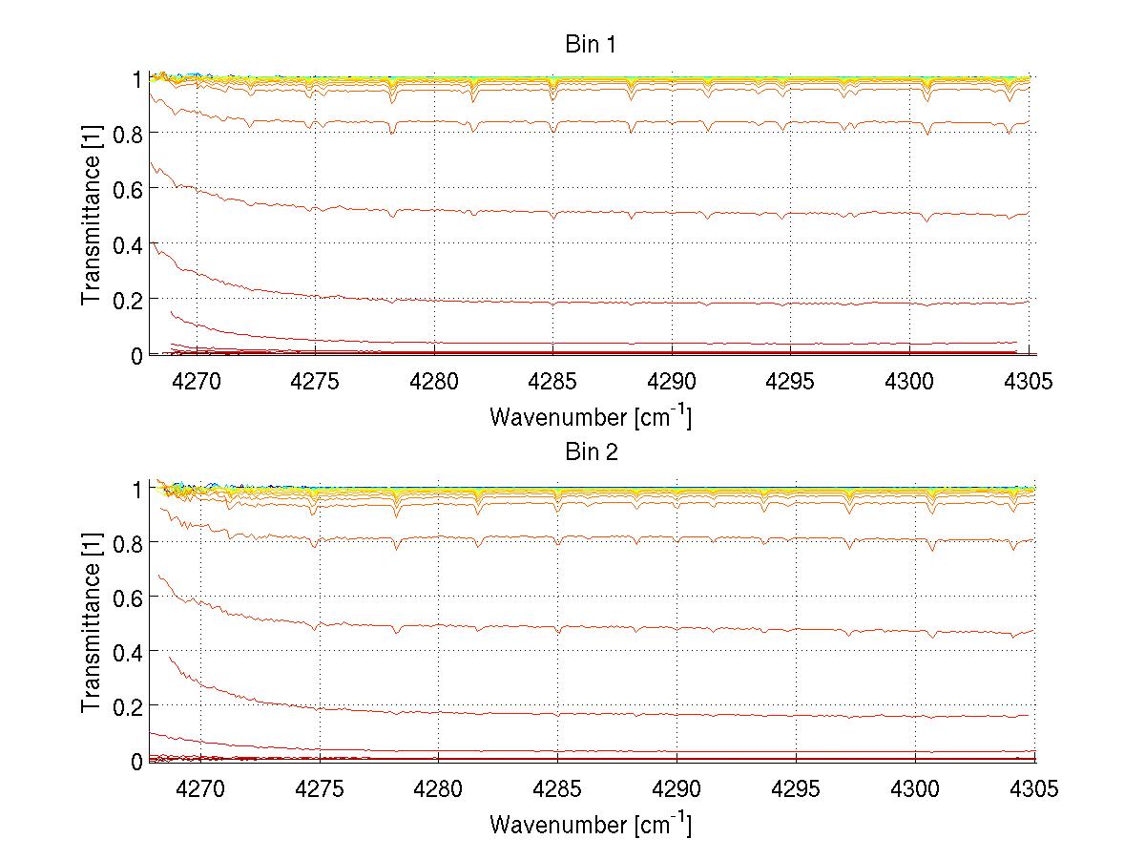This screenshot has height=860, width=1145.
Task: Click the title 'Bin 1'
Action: pos(592,45)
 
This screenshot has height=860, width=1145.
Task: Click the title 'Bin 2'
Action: pos(592,451)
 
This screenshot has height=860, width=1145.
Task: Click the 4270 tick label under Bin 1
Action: pos(196,382)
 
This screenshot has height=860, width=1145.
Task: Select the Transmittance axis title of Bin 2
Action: pos(92,623)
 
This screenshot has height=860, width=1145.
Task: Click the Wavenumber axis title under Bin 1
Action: pos(591,416)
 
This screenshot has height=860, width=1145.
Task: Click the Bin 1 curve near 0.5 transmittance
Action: pos(620,211)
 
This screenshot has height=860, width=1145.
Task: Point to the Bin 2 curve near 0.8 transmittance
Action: pos(620,538)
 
